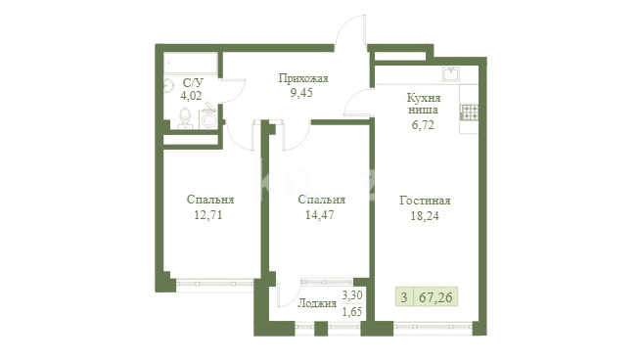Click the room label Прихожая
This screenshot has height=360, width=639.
point(303,78)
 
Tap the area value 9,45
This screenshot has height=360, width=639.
point(301,93)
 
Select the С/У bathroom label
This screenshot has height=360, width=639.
point(193,83)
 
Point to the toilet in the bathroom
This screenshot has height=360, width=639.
point(185,118)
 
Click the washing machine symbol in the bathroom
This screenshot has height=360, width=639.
point(208,118)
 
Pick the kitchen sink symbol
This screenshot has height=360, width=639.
point(451,74)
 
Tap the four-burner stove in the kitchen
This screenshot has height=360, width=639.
point(469,112)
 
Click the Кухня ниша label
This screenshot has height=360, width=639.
point(424,104)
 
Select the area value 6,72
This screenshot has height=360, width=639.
point(423,125)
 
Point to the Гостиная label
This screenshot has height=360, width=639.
point(425,201)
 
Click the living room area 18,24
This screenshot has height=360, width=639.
point(425,216)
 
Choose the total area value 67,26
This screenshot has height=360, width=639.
point(435,297)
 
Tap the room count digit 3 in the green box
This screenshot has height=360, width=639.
point(404,297)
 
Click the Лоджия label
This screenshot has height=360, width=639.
point(317,303)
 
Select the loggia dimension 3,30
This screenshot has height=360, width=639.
point(352,294)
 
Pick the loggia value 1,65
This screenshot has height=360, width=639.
point(352,312)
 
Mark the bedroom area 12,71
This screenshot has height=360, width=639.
point(208,215)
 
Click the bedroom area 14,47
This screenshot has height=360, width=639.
point(320,215)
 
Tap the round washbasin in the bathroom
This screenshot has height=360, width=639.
point(168,86)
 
